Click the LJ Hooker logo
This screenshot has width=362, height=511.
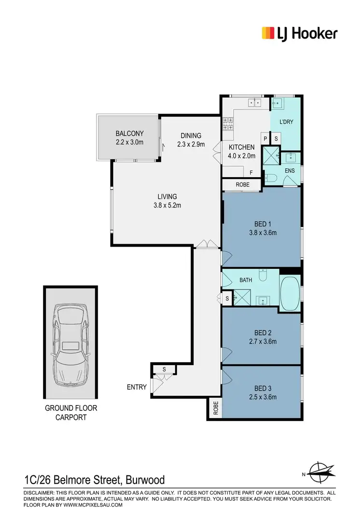point(299,33)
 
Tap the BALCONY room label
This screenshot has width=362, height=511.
point(129,134)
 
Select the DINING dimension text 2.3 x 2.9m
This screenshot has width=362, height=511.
point(191,144)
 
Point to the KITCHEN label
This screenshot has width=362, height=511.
point(241,147)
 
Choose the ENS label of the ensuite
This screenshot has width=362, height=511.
point(290,170)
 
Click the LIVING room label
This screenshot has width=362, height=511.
point(167,197)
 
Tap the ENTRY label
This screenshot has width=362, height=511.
point(137,387)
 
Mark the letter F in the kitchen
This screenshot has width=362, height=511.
point(251,172)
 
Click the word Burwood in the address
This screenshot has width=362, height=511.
point(145,480)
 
